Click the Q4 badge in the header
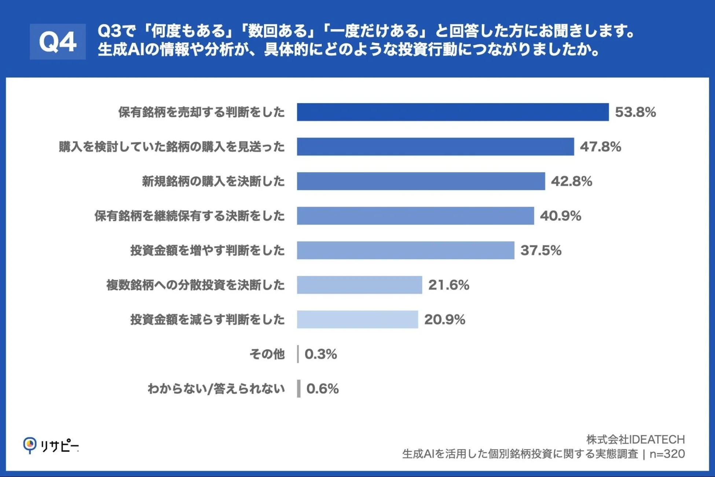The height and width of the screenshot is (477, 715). click(x=58, y=41)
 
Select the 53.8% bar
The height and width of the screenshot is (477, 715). click(x=452, y=112)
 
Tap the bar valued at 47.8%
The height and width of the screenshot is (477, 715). click(x=435, y=146)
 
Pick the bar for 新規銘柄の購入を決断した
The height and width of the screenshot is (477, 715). click(x=421, y=181)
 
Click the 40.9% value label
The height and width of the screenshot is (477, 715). click(x=560, y=216)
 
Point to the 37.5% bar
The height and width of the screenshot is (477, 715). click(x=405, y=250)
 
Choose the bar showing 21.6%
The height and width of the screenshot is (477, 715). click(x=359, y=285)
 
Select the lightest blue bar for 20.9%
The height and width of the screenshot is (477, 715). click(x=357, y=319)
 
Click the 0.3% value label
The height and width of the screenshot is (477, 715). click(x=320, y=354)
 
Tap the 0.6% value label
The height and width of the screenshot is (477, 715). click(x=322, y=389)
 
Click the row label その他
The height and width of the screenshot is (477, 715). click(x=267, y=354)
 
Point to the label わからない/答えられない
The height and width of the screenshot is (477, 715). click(x=216, y=389)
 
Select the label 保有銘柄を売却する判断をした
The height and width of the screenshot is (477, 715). click(x=201, y=112)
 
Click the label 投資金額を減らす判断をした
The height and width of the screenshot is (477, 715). click(x=208, y=319)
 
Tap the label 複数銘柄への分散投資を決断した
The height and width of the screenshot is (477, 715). click(x=195, y=285)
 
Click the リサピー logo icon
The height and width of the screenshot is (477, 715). click(x=30, y=445)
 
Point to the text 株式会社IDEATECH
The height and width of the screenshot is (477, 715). click(x=635, y=439)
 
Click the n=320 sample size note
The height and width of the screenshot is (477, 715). click(x=667, y=454)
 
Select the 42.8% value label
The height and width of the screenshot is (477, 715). click(x=571, y=181)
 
